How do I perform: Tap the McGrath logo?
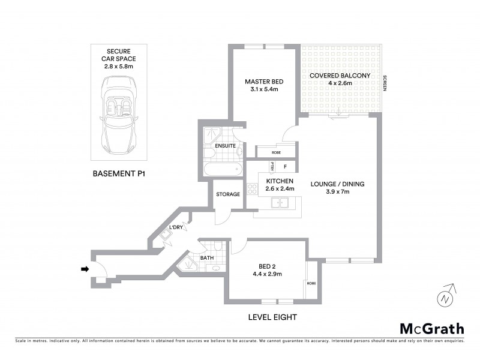click(x=431, y=328)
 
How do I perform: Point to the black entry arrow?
click(x=85, y=269)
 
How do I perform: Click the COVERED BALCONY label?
click(x=339, y=76)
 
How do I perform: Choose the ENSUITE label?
click(x=226, y=146)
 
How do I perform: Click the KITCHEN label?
click(x=280, y=181)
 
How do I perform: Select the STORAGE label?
click(x=228, y=194)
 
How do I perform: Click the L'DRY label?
click(x=176, y=227)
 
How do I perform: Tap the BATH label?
click(x=207, y=258)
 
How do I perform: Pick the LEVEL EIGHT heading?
click(x=272, y=317)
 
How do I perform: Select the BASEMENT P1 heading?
click(x=119, y=174)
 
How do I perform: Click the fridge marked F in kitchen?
click(x=286, y=166)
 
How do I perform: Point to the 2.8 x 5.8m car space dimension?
click(x=119, y=67)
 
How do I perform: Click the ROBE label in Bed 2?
click(x=311, y=283)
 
